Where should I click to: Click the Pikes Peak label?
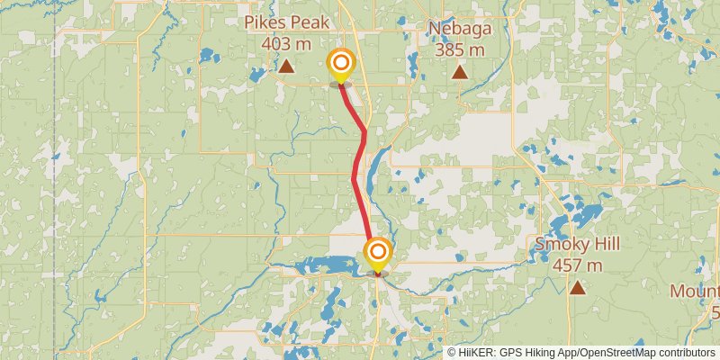click(x=285, y=23)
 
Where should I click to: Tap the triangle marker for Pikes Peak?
click(x=286, y=66)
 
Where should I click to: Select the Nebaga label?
click(x=459, y=29)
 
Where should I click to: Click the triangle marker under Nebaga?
click(x=459, y=72)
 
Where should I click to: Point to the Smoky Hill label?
click(x=577, y=244)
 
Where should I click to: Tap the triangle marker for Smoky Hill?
click(x=577, y=288)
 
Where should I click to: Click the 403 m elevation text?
click(x=285, y=43)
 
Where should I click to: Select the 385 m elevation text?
click(x=459, y=49)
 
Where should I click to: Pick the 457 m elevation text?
click(x=577, y=265)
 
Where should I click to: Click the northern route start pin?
click(x=341, y=64)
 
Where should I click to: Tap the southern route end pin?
click(x=378, y=252)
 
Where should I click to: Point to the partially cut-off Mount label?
click(x=695, y=292)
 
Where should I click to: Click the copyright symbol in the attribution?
click(x=452, y=353)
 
